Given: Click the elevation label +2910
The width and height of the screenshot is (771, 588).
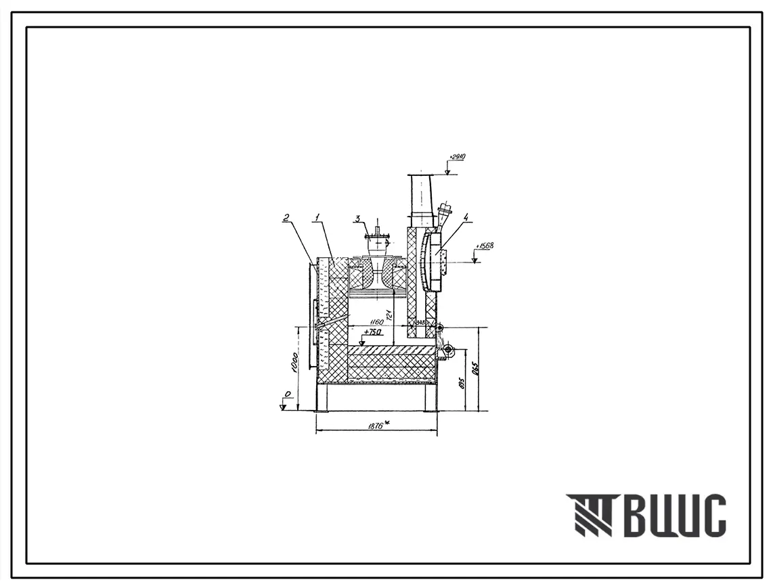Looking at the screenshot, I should (x=457, y=157).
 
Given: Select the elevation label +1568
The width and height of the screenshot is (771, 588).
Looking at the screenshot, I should (x=485, y=246).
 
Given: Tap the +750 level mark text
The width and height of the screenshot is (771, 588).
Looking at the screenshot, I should (x=373, y=332).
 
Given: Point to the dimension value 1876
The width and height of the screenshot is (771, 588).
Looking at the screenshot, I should (x=374, y=425).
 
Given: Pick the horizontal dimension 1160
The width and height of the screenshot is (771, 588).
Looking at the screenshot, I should (x=376, y=323).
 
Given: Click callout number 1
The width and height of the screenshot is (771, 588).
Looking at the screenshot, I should (x=316, y=217).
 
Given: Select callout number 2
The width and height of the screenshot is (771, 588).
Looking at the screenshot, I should (x=286, y=217).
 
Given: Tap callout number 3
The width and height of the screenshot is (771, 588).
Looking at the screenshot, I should (x=357, y=218).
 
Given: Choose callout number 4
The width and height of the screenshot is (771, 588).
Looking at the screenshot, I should (x=466, y=217).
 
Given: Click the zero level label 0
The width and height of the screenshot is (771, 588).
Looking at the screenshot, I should (x=287, y=394).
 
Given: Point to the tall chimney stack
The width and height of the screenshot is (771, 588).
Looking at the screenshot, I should (x=421, y=200).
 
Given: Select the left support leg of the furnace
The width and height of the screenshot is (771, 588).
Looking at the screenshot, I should (x=322, y=398).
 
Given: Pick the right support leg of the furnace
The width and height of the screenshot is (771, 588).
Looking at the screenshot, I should (x=431, y=398).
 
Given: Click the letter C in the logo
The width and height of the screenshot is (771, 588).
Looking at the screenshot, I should (x=711, y=516).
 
